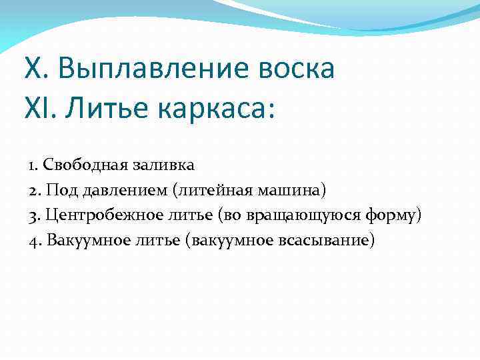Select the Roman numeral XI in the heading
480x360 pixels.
point(39,108)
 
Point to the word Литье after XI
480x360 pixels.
point(106,108)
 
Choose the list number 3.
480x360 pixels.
point(34,215)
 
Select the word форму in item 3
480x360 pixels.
point(394,215)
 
